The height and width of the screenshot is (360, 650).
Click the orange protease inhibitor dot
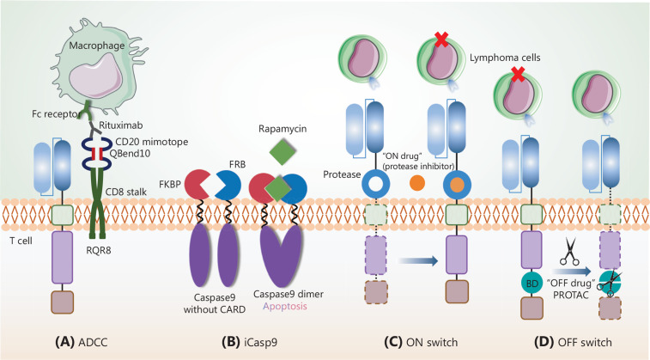coord(418,185)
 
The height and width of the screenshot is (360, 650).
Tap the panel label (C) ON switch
coord(413,340)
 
